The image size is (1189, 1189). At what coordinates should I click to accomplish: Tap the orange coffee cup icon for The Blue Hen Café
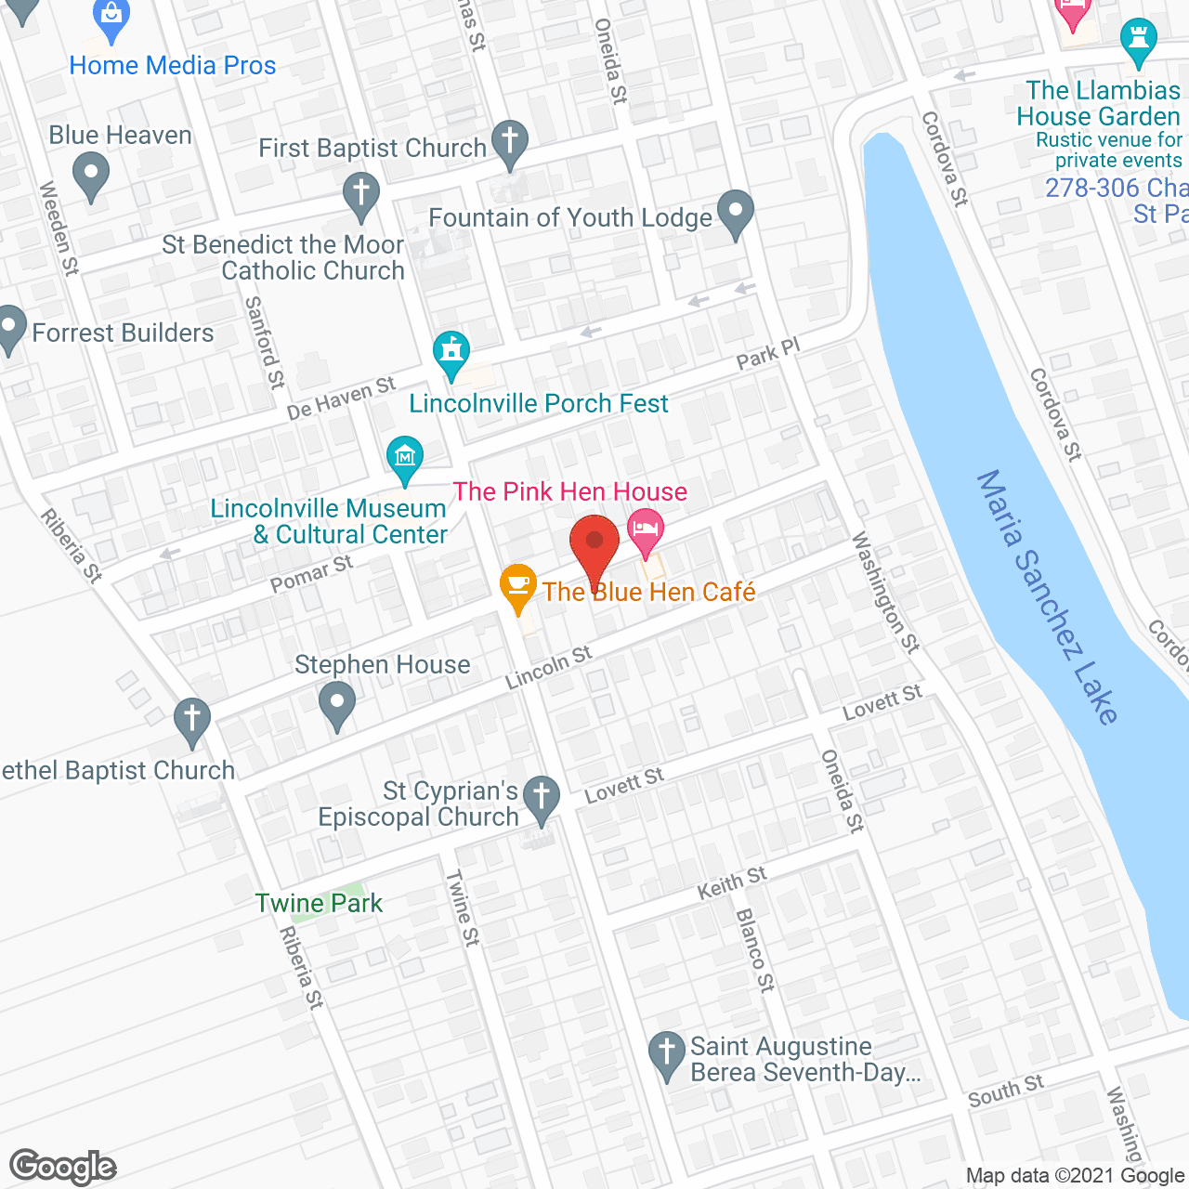[x=518, y=586]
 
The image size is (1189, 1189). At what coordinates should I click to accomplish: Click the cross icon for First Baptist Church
[x=509, y=142]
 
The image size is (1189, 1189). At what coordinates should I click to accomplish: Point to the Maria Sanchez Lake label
[x=1048, y=596]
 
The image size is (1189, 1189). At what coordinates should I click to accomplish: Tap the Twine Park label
[x=319, y=903]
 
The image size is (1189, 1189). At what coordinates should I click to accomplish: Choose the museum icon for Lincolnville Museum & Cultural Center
[x=405, y=457]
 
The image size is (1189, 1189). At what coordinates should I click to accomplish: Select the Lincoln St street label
[x=548, y=668]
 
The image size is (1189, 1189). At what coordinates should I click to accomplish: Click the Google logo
[x=63, y=1167]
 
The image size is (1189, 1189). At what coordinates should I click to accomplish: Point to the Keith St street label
[x=732, y=882]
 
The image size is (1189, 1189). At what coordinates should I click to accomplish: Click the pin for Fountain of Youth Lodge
[x=736, y=213]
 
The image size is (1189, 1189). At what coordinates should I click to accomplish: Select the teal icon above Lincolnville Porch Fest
[x=451, y=352]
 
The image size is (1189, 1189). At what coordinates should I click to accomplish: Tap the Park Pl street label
[x=767, y=354]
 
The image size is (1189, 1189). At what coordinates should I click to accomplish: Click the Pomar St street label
[x=311, y=574]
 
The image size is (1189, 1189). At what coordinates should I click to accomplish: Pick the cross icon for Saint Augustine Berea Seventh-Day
[x=666, y=1053]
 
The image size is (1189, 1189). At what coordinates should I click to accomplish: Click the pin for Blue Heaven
[x=90, y=175]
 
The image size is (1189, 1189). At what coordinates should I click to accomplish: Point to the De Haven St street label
[x=341, y=398]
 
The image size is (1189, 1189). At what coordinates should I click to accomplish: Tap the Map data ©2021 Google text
[x=1075, y=1176]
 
